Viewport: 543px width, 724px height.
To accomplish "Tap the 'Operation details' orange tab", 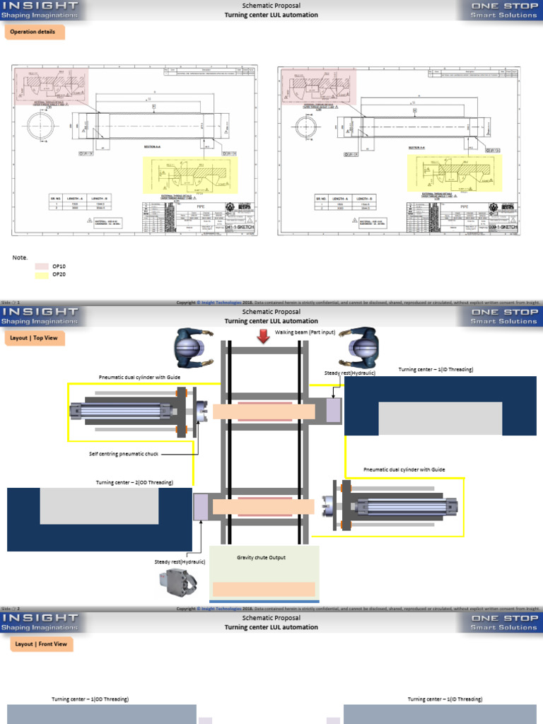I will [34, 32].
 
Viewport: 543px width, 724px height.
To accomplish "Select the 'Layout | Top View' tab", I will [34, 338].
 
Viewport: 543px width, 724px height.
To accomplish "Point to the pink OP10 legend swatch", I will [42, 267].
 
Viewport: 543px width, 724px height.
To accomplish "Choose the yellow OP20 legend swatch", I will [42, 275].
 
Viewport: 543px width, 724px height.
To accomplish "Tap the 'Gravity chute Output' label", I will [261, 557].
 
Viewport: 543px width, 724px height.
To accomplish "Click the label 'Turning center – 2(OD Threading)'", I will [134, 482].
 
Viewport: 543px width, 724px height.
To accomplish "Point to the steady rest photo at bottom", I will [177, 582].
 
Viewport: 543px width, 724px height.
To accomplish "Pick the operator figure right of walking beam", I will [358, 346].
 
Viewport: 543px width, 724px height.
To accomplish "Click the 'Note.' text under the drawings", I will [20, 257].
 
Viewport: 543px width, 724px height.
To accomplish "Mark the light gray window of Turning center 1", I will [441, 418].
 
